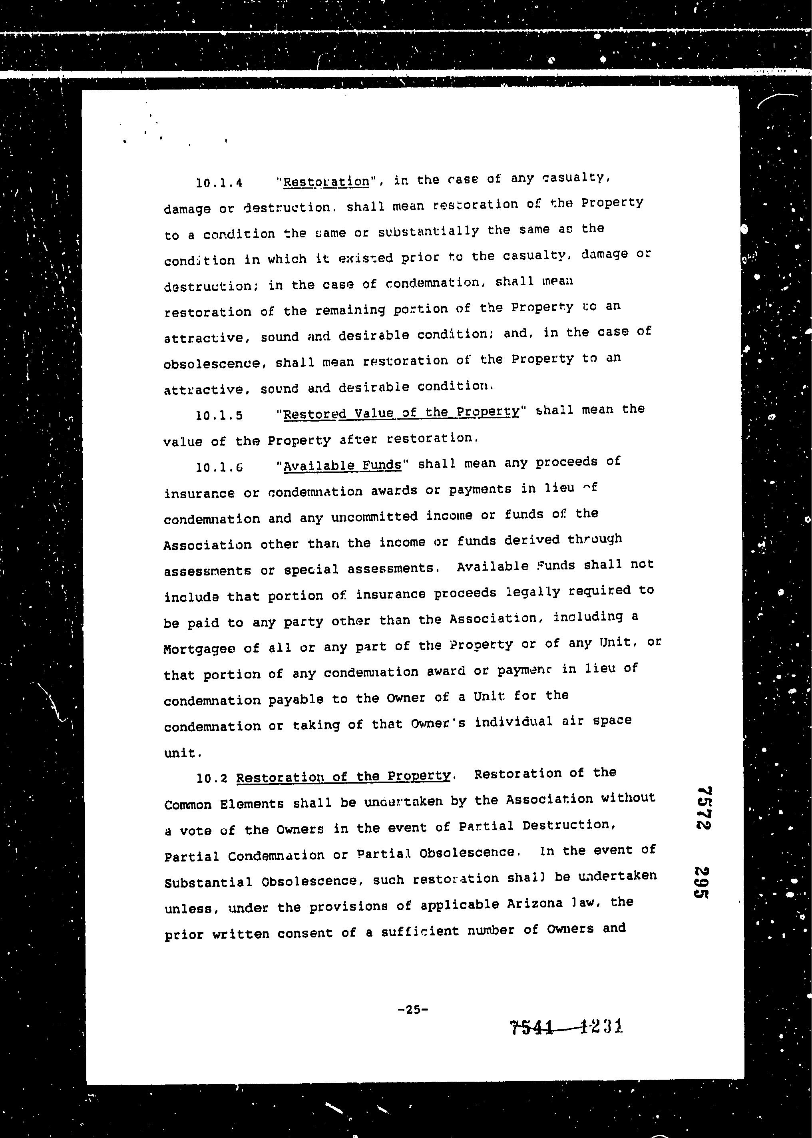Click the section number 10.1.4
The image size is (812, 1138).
[x=219, y=183]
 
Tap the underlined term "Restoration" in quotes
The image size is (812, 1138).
[x=326, y=181]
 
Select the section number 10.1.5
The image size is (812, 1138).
[x=219, y=416]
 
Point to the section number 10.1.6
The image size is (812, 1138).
[x=219, y=468]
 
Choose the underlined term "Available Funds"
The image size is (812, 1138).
[x=342, y=466]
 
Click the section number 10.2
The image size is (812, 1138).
[x=212, y=778]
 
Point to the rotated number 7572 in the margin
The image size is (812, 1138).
[x=704, y=808]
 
